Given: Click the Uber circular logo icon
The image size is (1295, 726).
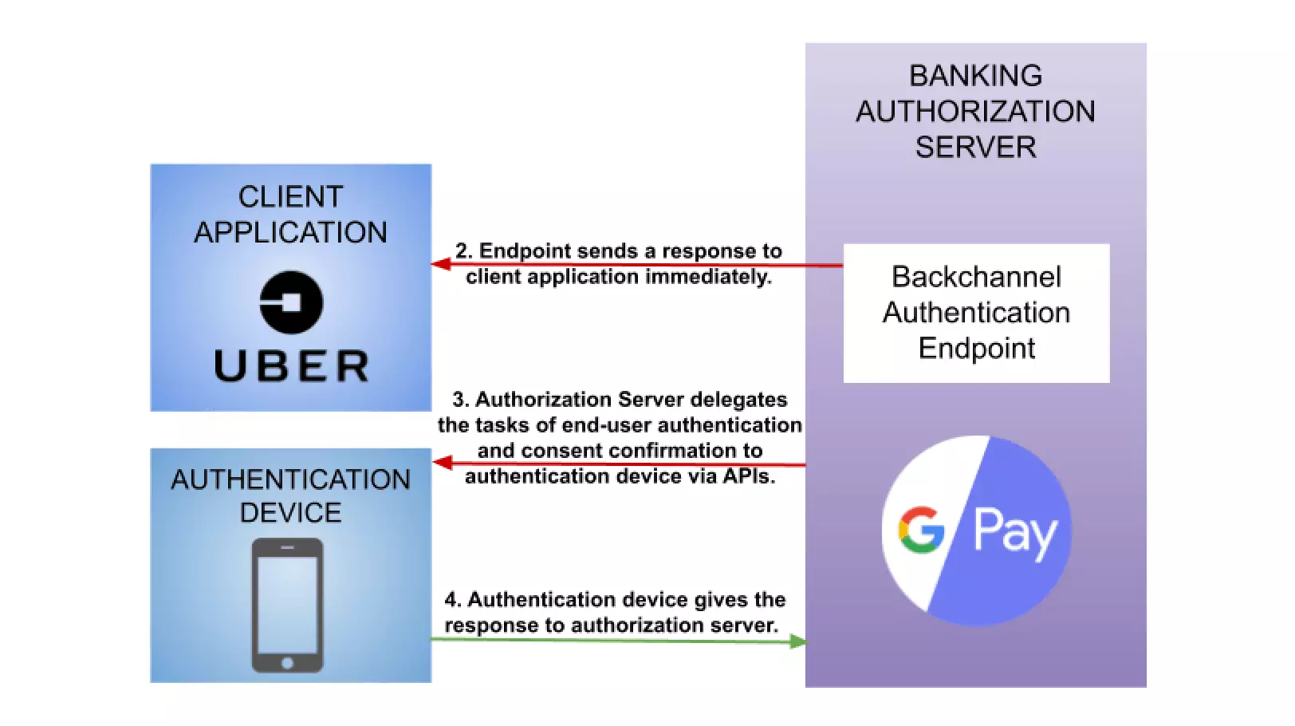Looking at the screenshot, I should (x=291, y=302).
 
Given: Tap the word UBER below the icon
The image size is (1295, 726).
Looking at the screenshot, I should (x=292, y=366).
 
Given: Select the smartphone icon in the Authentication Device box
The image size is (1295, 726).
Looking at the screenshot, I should (x=287, y=605).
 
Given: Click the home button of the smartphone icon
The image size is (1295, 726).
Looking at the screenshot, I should (x=287, y=663).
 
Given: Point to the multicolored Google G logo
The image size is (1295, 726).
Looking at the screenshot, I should (x=921, y=530).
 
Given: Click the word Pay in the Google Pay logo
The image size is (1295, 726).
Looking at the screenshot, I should (x=1014, y=532).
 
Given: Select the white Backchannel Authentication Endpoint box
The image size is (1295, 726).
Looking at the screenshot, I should (x=976, y=313).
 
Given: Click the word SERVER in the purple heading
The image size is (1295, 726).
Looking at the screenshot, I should (x=975, y=148).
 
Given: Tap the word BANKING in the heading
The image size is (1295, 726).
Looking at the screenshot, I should (x=975, y=76).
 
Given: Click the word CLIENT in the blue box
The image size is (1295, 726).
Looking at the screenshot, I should (x=290, y=197).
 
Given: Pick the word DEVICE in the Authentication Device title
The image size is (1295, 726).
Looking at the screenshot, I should (x=290, y=512).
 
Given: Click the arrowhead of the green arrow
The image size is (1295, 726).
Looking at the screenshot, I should (x=797, y=641).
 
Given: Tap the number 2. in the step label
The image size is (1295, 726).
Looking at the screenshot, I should (x=463, y=251).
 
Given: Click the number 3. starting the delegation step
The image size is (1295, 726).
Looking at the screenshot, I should (x=460, y=399).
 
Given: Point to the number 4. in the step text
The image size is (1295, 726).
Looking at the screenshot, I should (x=452, y=599).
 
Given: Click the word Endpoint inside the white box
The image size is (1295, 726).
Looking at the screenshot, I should (x=976, y=349).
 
